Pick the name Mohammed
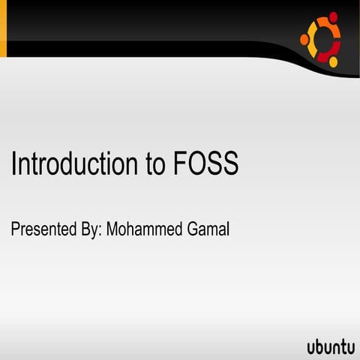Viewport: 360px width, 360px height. (143, 229)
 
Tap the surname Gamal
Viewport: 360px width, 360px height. (207, 229)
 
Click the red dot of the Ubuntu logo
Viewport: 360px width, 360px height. (334, 16)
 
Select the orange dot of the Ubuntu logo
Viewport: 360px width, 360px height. (304, 39)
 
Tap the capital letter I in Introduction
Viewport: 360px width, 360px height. (13, 163)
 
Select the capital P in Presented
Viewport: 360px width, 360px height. (15, 229)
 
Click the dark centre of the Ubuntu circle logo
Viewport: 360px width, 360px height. (323, 39)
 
